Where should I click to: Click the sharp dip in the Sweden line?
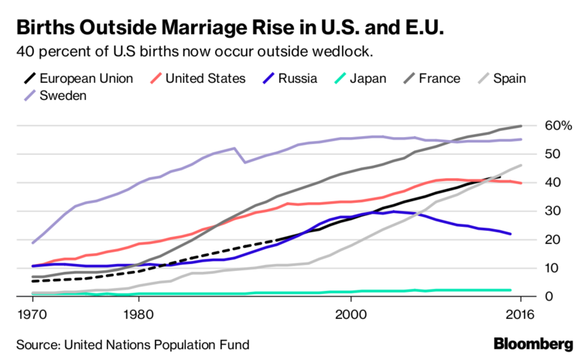tap(245, 162)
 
